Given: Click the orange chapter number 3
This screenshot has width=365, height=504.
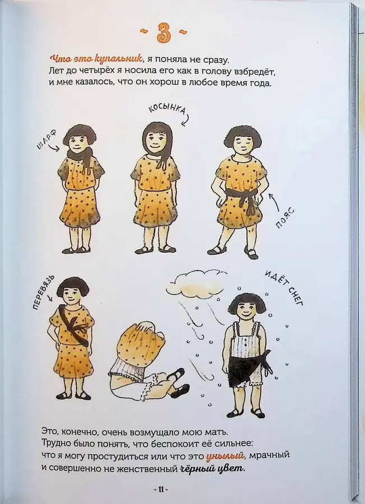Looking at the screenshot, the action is click(x=163, y=33).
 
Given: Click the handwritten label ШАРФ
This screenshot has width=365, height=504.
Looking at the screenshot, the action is click(x=46, y=140).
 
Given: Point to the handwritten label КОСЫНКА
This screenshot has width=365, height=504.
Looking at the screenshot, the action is click(x=167, y=110).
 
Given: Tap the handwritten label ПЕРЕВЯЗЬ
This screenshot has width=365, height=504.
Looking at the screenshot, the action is click(x=43, y=292).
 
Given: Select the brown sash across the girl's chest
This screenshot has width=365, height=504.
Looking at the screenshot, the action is click(x=73, y=326).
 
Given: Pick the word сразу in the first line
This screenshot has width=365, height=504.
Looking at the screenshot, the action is click(x=216, y=59).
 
